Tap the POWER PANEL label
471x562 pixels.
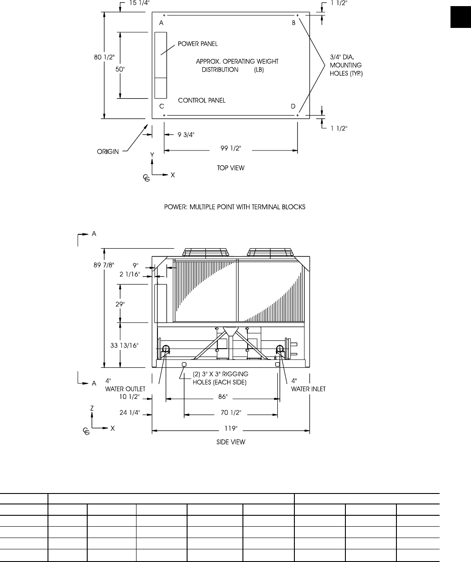(x=198, y=44)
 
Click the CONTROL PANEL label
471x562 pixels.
(x=202, y=100)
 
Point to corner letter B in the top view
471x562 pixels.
(x=294, y=23)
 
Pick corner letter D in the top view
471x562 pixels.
(x=293, y=106)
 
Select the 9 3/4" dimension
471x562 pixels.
(x=186, y=134)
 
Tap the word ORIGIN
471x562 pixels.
(x=107, y=152)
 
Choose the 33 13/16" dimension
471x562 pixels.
(x=124, y=346)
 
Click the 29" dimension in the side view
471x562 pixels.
(x=120, y=305)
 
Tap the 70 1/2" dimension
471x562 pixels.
(x=231, y=412)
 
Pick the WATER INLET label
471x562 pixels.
(x=308, y=389)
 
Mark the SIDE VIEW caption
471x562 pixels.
(x=231, y=442)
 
